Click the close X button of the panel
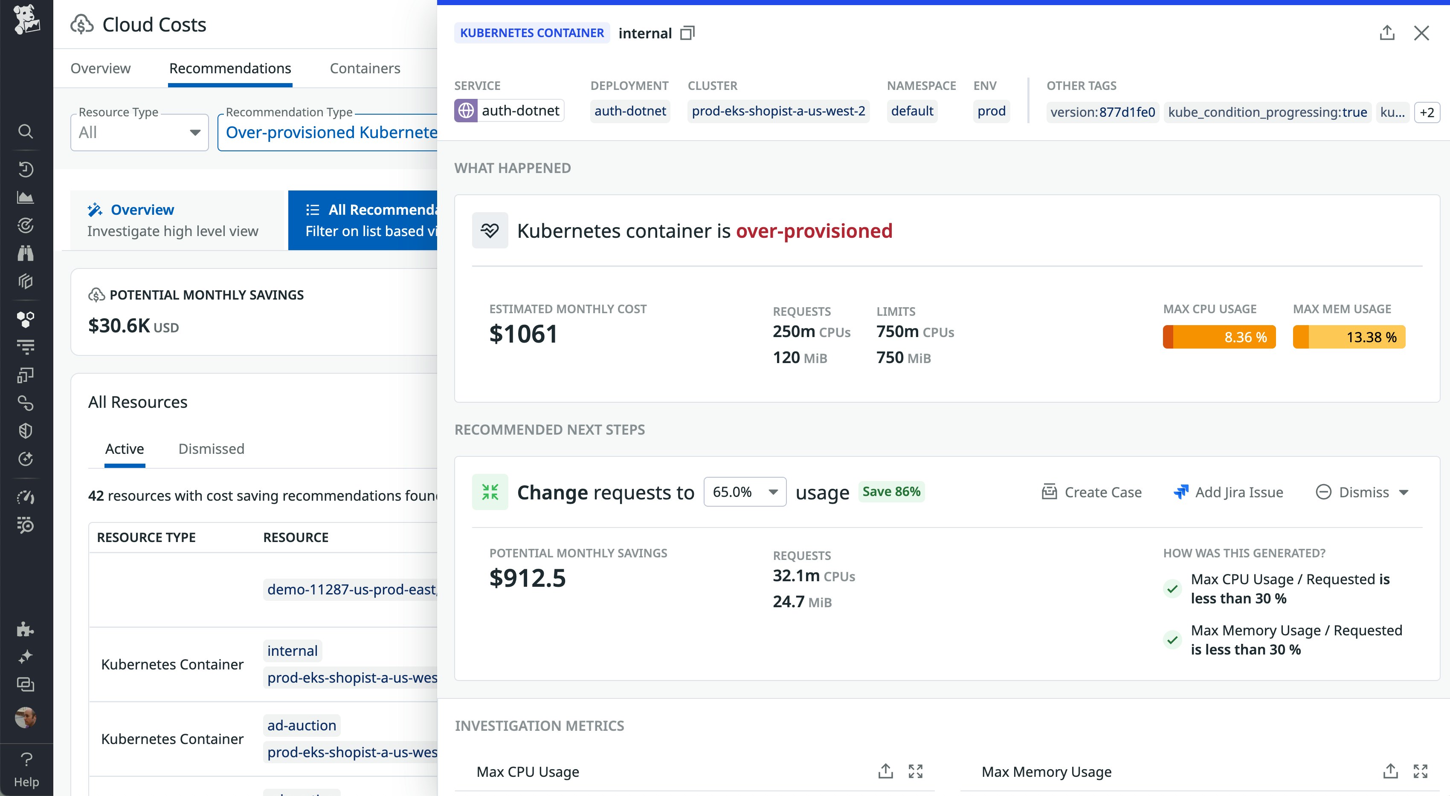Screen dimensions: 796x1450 pos(1421,33)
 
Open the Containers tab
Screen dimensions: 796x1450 pos(365,68)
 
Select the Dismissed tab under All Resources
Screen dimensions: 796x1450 pos(211,449)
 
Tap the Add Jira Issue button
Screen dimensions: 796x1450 pos(1228,492)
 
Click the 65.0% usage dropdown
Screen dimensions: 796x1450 pos(744,492)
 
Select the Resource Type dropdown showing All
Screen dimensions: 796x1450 pos(139,133)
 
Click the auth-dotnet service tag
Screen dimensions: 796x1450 pos(509,111)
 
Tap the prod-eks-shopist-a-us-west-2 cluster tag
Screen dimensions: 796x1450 pos(778,111)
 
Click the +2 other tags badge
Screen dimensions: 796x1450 pos(1427,112)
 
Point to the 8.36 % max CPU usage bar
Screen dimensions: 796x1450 pos(1219,337)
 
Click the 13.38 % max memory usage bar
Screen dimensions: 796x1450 pos(1348,337)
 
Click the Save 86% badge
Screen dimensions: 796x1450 pos(891,492)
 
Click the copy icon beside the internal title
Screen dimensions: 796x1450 pos(687,33)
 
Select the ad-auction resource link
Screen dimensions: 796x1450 pos(302,725)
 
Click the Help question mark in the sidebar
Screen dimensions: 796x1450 pos(26,759)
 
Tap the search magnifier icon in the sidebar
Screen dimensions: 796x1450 pos(25,132)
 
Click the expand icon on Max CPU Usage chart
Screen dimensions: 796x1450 pos(915,771)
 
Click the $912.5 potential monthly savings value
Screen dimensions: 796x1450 pos(528,578)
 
